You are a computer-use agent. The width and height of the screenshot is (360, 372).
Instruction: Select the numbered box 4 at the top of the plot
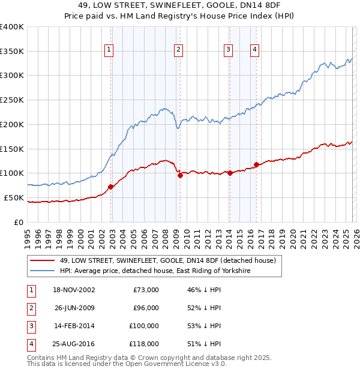click(x=255, y=50)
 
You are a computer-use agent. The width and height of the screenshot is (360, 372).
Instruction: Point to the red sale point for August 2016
click(x=256, y=164)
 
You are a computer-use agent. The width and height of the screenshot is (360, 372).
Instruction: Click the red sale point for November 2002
click(x=111, y=187)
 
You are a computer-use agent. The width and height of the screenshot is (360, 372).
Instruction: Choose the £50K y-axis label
click(x=14, y=197)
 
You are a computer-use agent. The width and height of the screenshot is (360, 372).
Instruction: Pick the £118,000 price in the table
click(x=144, y=344)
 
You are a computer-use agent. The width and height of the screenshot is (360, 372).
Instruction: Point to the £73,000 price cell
click(x=146, y=290)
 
